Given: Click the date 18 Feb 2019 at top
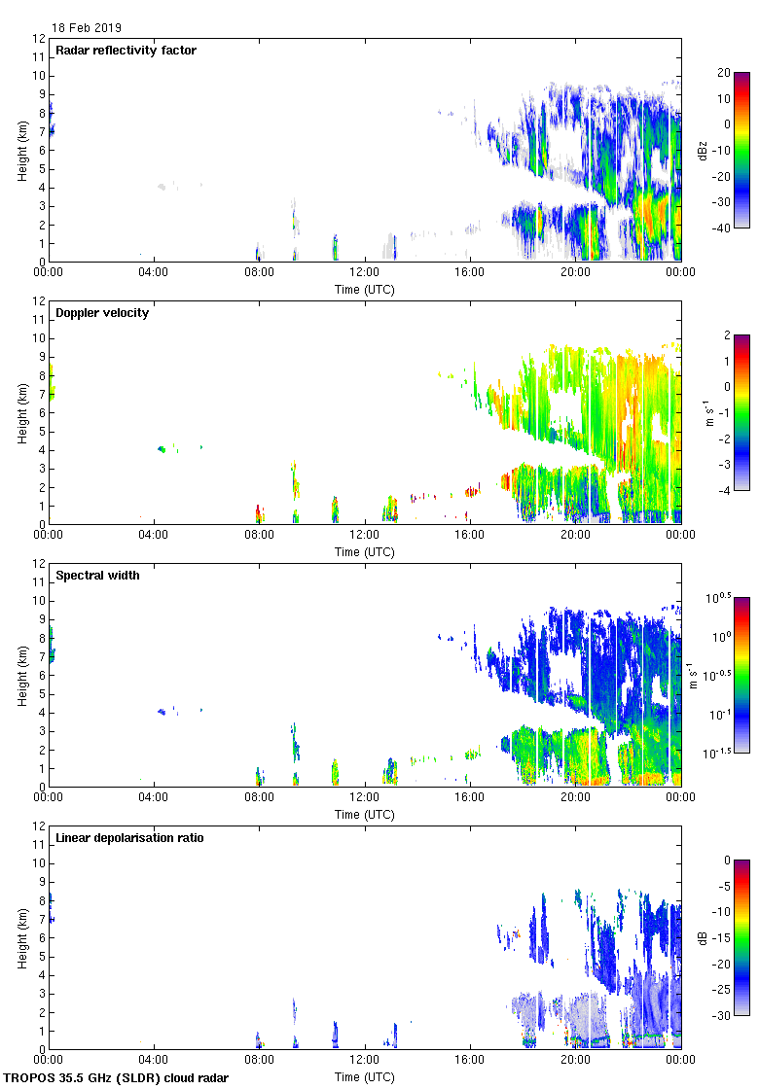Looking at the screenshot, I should (x=87, y=28).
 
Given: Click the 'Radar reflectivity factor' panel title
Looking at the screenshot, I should (x=126, y=51).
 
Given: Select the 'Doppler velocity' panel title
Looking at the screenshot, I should (x=102, y=313).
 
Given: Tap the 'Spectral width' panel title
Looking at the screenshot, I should (x=97, y=576).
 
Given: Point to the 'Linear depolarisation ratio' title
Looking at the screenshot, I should (x=129, y=838).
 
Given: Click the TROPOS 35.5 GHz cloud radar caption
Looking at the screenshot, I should (x=117, y=1078).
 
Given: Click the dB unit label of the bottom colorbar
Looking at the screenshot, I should (x=703, y=937).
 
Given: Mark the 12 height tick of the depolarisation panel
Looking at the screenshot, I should (x=40, y=826).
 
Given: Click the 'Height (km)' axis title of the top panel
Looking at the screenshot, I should (x=21, y=150).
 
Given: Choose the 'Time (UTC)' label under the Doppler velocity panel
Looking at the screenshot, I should (x=365, y=552).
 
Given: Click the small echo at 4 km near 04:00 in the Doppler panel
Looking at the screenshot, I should (x=162, y=449).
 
